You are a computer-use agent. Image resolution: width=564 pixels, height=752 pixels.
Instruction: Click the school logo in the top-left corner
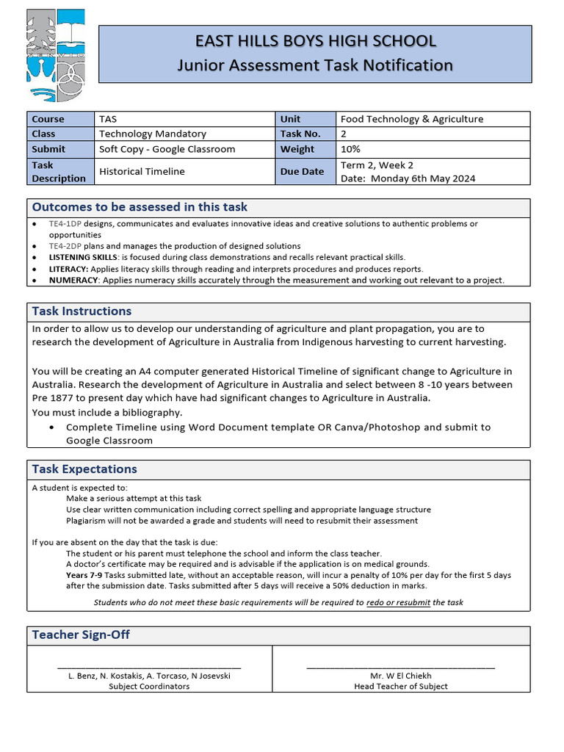coord(56,56)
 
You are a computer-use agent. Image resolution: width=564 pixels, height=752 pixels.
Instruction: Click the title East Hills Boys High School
coord(315,41)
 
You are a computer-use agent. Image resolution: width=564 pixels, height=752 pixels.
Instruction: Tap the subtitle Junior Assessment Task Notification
coord(315,65)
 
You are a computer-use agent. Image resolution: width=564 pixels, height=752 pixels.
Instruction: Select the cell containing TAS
coord(108,119)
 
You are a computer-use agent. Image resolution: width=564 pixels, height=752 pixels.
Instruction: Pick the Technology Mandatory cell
coord(153,134)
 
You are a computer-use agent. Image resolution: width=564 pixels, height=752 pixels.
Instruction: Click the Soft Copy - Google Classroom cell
coord(167,149)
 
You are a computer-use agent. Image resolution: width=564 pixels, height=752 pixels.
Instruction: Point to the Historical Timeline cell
coord(142,171)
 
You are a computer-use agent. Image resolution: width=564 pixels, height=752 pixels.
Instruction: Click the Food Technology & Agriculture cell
coord(412,119)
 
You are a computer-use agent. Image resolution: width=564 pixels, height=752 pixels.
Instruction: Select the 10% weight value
coord(350,149)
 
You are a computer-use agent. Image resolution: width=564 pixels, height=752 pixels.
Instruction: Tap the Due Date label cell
coord(302,171)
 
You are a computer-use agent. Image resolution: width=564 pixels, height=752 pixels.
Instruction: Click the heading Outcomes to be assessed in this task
coord(140,207)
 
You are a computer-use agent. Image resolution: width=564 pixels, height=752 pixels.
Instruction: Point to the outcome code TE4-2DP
coord(65,246)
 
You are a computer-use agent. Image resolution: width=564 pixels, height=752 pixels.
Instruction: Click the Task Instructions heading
coord(82,311)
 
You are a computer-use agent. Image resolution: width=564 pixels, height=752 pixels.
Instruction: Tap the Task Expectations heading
coord(84,469)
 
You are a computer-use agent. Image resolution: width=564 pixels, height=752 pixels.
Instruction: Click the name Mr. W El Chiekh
coord(400,676)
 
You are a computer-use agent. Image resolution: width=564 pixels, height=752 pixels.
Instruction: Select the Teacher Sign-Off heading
coord(81,634)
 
